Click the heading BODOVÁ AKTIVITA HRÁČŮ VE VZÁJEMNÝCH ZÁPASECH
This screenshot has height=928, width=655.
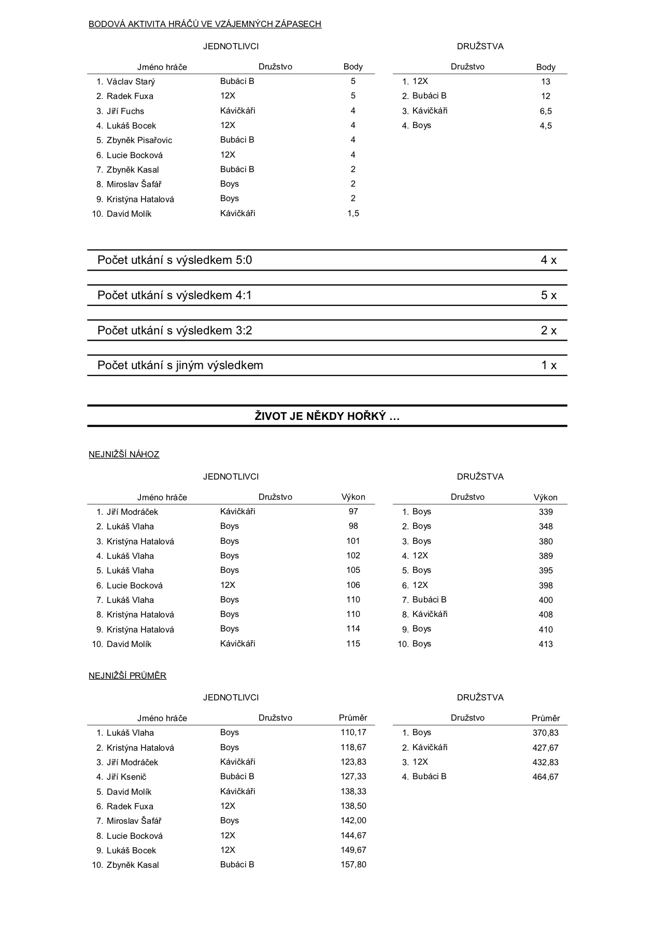click(205, 24)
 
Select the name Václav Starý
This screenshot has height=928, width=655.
click(131, 81)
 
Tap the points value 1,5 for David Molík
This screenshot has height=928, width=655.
click(353, 214)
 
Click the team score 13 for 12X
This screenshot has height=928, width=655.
click(545, 81)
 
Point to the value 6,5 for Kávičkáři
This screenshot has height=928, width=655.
click(545, 111)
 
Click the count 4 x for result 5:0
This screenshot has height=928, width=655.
click(548, 260)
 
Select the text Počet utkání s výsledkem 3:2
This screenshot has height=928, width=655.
click(175, 331)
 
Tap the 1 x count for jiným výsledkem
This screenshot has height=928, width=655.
click(548, 365)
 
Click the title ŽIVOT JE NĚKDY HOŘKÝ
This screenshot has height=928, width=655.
click(327, 416)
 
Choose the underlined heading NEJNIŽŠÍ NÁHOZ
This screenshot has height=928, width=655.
click(124, 455)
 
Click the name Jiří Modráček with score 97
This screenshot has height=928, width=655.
click(132, 512)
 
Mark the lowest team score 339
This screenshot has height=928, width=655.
click(545, 512)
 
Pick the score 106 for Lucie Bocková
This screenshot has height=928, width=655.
click(353, 585)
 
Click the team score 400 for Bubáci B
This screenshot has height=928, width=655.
click(545, 600)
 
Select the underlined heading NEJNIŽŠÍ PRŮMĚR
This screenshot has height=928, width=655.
click(127, 676)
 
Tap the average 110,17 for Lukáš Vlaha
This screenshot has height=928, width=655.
click(353, 733)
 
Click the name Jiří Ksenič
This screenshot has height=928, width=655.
click(126, 777)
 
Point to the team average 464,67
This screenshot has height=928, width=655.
click(545, 777)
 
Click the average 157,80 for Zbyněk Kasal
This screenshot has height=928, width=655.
click(353, 865)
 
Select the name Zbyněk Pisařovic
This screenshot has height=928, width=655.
click(139, 140)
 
